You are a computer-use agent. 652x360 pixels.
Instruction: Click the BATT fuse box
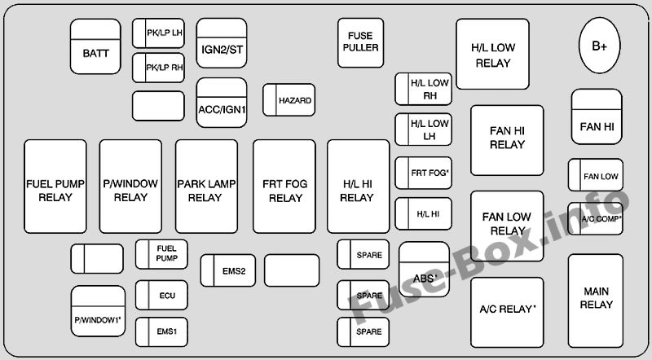(x=95, y=46)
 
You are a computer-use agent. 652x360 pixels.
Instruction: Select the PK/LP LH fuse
(x=158, y=33)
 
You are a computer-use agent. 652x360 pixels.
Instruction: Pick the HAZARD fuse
(x=289, y=100)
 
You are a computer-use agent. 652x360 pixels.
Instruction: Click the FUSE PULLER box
(x=360, y=42)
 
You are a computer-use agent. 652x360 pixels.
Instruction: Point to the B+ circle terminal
(x=599, y=46)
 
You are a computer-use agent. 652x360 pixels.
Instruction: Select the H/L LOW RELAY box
(x=491, y=55)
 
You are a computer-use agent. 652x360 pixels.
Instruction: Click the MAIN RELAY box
(x=596, y=297)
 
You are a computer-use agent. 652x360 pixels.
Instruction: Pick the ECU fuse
(x=161, y=296)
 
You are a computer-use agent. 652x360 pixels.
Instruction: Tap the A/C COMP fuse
(x=596, y=217)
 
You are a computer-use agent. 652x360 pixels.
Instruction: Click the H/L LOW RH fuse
(x=424, y=89)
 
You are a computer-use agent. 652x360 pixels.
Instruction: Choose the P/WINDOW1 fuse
(x=97, y=310)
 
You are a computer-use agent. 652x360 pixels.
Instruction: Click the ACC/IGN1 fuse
(x=222, y=103)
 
